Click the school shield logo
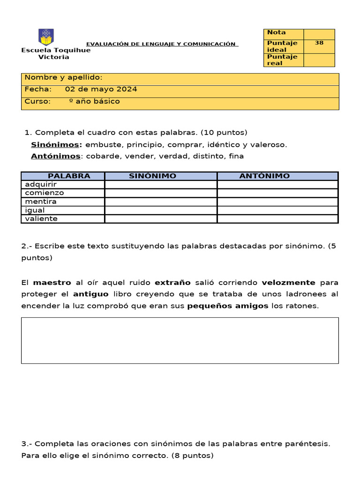pos(46,37)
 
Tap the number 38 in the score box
pos(319,43)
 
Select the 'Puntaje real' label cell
pos(284,60)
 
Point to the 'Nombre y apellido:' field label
pos(63,78)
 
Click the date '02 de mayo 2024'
pos(101,89)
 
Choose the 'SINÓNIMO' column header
pos(152,176)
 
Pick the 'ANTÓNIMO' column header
pos(264,176)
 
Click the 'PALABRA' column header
pos(69,176)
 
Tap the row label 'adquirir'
pos(41,184)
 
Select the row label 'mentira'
pos(41,202)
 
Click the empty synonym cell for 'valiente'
pos(161,219)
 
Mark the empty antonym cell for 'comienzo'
pos(277,193)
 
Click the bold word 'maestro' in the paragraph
pos(52,283)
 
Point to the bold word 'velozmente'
pos(288,283)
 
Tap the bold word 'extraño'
pos(172,283)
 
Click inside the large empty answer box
pos(180,340)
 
